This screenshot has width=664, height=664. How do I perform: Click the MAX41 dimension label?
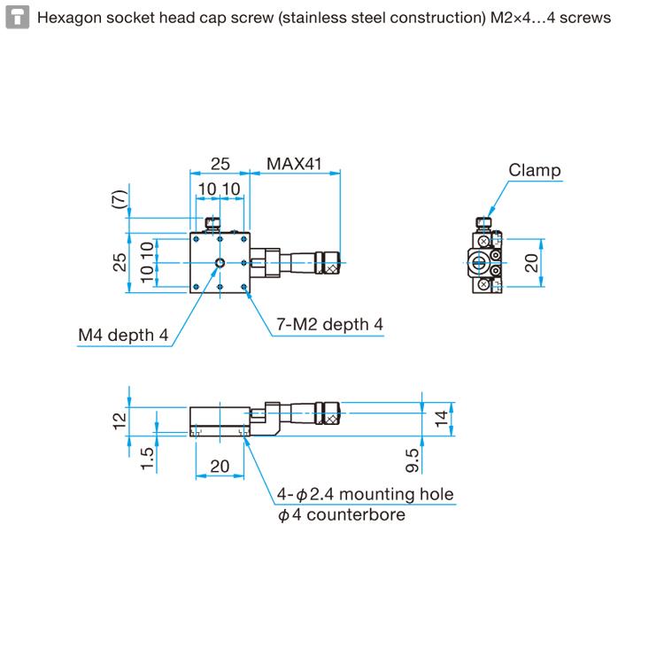point(293,164)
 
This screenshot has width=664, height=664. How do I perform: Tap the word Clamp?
point(535,171)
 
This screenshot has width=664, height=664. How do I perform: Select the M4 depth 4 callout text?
point(122,335)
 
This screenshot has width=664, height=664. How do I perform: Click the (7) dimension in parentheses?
point(120,200)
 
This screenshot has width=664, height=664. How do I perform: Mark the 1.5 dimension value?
point(148,459)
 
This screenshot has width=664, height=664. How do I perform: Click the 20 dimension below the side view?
point(219,467)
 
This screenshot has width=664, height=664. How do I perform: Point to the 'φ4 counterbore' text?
point(341,514)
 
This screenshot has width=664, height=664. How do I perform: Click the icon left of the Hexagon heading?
point(15,18)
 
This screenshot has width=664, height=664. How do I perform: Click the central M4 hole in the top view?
point(220,262)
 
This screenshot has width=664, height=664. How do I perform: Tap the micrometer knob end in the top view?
point(331,262)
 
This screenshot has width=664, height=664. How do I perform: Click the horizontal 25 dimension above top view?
point(220,164)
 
